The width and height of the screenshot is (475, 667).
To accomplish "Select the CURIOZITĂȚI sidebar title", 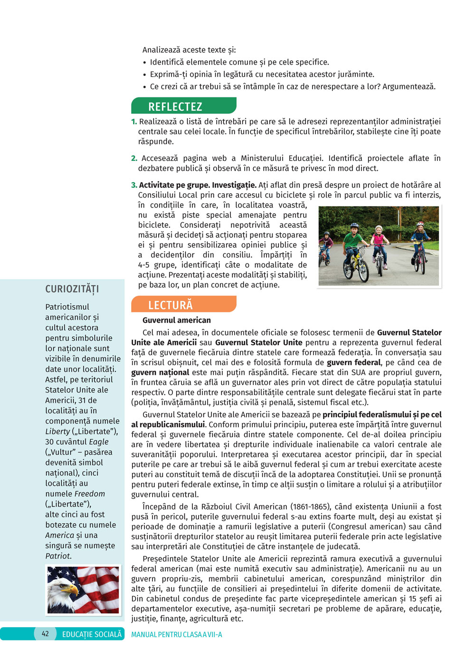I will coord(72,289).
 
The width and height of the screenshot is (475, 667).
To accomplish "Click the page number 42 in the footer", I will coord(45,634).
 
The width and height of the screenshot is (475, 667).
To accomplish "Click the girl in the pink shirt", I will coord(379,240).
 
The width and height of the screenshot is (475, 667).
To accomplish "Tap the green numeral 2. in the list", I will coord(134,158).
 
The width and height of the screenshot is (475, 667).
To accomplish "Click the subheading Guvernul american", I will coord(176,320).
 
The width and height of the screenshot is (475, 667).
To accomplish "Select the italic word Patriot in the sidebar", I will coord(57,556).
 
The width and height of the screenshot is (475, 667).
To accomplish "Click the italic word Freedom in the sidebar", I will coord(89,494).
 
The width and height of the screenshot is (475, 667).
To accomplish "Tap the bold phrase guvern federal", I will coord(354,362).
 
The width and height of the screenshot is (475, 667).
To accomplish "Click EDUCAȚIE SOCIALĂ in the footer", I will coord(92,634).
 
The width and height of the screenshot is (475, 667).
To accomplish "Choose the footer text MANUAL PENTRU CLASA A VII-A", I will coord(176,634).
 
